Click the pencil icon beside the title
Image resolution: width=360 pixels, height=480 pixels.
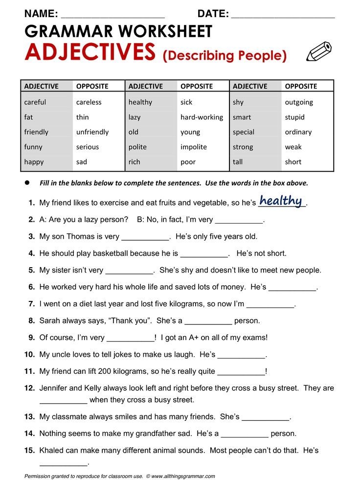click(x=318, y=52)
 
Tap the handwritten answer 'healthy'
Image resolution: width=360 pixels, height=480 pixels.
click(x=281, y=201)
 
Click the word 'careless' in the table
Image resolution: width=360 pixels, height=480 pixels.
click(x=89, y=102)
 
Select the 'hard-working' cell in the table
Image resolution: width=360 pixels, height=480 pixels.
click(x=202, y=117)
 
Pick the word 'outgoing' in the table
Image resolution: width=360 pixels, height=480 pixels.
click(x=299, y=102)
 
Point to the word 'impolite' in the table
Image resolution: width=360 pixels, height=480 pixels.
click(x=194, y=147)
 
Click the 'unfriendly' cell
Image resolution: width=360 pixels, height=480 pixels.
click(x=92, y=132)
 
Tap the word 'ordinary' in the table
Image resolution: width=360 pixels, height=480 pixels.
click(x=298, y=132)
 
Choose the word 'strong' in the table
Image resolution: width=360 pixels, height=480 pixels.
click(x=243, y=147)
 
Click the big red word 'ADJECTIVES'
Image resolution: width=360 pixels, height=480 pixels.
click(x=90, y=52)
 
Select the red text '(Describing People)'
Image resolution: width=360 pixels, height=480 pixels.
click(x=225, y=56)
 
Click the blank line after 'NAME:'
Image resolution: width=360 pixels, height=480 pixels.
click(x=113, y=15)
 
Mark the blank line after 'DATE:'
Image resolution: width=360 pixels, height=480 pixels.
click(x=283, y=15)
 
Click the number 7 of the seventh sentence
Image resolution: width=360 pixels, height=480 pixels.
click(x=31, y=304)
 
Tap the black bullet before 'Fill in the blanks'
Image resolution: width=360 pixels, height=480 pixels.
click(x=28, y=183)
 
